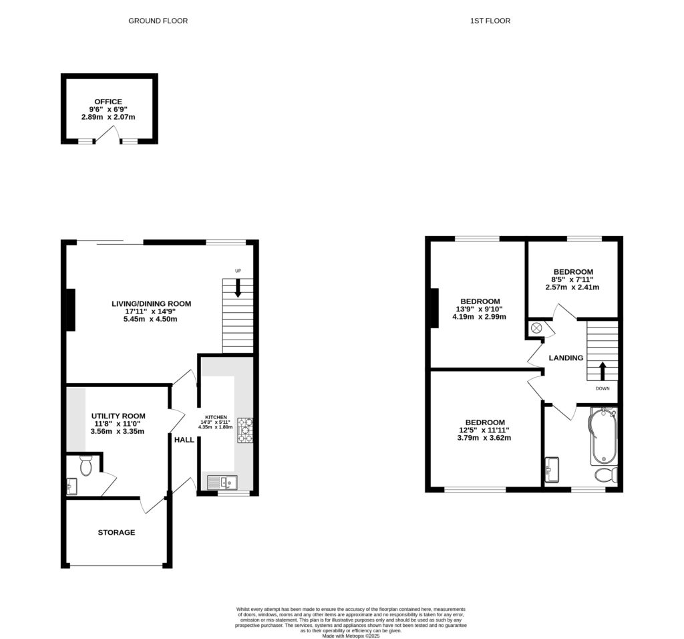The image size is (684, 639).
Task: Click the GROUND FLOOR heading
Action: point(158,21)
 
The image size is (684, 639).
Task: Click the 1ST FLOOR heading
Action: point(491,21)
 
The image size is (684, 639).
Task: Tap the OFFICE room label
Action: point(108,102)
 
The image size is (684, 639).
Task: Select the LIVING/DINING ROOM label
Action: point(151,303)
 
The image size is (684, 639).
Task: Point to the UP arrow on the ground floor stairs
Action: point(238,288)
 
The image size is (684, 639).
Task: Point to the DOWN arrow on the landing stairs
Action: point(603,372)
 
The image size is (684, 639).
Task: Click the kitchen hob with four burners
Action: point(244,430)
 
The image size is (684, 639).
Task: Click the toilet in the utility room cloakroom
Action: point(85,465)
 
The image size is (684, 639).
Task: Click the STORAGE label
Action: point(117,533)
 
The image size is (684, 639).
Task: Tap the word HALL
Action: point(184,440)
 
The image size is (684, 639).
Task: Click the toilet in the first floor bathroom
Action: point(605,475)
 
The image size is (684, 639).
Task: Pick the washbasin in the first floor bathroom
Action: point(552,469)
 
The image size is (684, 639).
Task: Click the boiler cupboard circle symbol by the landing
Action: point(536,328)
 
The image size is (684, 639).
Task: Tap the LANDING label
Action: point(566,358)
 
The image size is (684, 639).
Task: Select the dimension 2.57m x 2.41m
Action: point(572,287)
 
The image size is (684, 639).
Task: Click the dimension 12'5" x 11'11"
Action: point(485,430)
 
